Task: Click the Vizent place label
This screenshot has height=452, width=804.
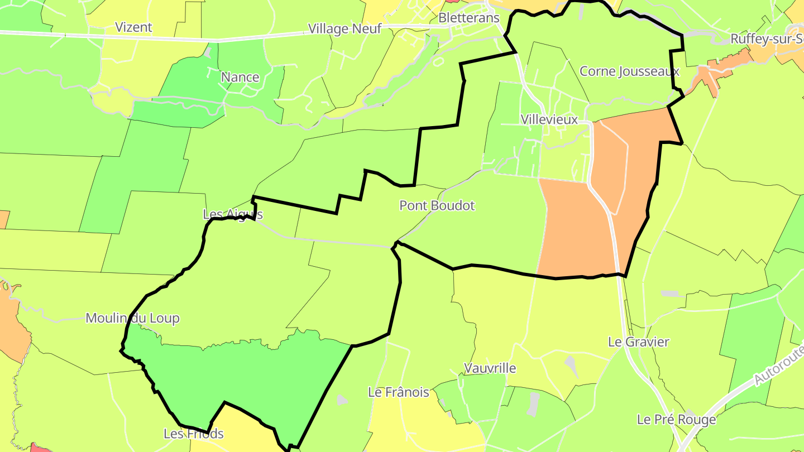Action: (133, 27)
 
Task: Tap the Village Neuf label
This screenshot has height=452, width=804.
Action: (345, 28)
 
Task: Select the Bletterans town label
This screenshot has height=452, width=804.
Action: (469, 18)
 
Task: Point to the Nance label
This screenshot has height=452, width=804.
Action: (240, 77)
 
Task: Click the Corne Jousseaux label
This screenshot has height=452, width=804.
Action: (629, 71)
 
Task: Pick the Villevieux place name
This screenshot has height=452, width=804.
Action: (549, 119)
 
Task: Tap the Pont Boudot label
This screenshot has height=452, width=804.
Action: (437, 205)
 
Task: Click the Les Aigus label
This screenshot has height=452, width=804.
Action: (232, 214)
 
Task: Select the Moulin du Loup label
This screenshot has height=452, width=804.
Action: (132, 318)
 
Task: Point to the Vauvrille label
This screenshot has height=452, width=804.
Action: (490, 368)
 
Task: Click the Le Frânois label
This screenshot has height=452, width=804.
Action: (399, 392)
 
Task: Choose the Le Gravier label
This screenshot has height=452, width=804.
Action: (638, 342)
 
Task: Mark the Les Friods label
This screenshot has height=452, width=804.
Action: (194, 434)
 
